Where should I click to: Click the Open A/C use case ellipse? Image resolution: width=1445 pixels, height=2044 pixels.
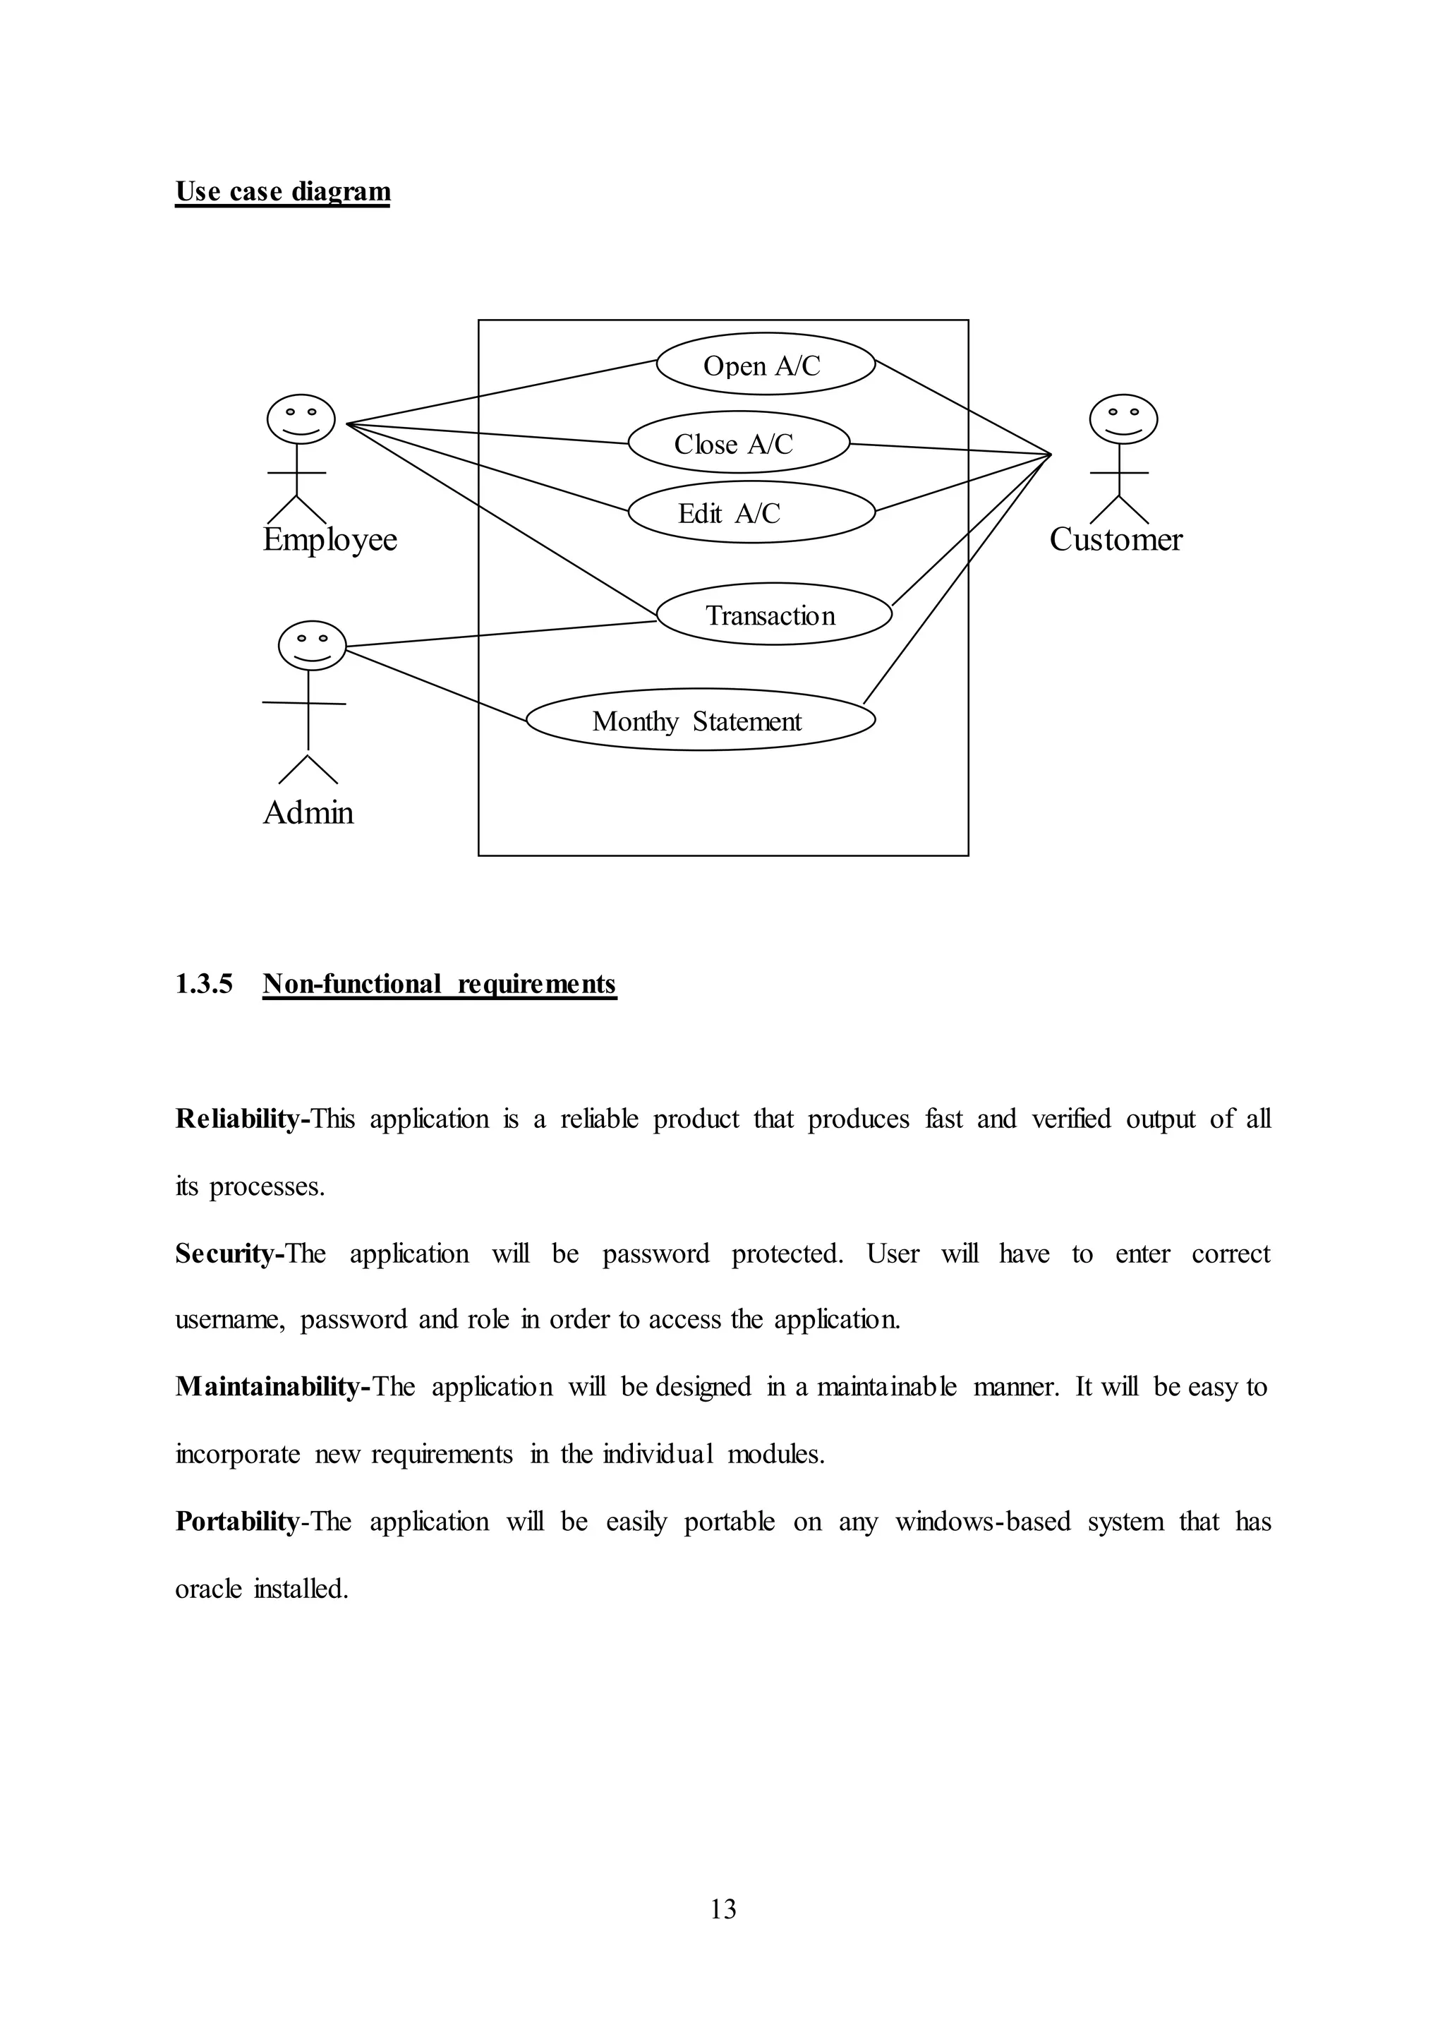(x=766, y=364)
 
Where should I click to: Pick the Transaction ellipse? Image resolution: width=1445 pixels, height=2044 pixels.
(x=773, y=614)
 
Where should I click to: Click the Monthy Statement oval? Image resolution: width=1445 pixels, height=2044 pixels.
(x=699, y=719)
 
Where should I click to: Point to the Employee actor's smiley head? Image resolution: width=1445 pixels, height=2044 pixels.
(x=301, y=419)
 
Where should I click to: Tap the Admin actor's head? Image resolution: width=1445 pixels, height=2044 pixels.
(x=311, y=644)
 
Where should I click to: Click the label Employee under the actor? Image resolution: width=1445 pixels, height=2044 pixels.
(x=329, y=539)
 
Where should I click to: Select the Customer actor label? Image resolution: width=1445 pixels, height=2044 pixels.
(x=1115, y=539)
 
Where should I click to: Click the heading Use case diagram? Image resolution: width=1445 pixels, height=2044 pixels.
(x=282, y=191)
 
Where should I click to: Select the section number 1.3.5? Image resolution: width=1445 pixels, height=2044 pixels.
(x=204, y=984)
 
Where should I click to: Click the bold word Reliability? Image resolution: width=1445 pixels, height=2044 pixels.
(x=238, y=1118)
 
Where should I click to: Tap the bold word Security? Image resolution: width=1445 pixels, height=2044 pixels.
(x=227, y=1254)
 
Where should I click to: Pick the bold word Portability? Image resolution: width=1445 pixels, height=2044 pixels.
(x=236, y=1522)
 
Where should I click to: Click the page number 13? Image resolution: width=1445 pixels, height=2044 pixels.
(x=722, y=1908)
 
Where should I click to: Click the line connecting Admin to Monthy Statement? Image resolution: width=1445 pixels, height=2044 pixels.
(x=436, y=685)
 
